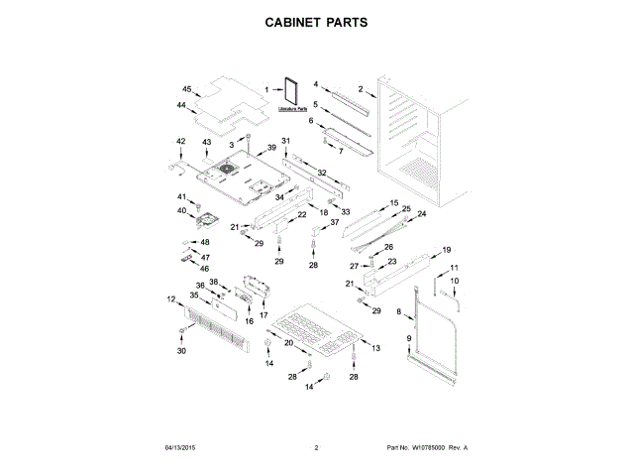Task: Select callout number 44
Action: click(x=182, y=105)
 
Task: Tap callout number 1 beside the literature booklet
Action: click(x=265, y=90)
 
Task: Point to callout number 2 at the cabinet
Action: click(x=361, y=90)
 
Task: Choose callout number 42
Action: click(x=180, y=142)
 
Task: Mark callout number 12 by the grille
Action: click(x=170, y=299)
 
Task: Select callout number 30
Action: click(x=181, y=351)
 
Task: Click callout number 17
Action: click(x=264, y=314)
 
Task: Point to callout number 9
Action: click(x=408, y=340)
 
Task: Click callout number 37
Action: click(x=334, y=222)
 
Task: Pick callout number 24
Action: click(x=420, y=214)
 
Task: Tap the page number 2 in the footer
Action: click(x=316, y=448)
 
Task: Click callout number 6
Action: click(x=310, y=121)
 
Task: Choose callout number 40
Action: click(x=182, y=210)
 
